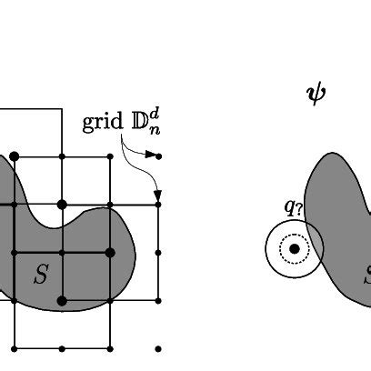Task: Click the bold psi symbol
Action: (316, 93)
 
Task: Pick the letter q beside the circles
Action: (288, 206)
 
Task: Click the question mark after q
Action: (297, 206)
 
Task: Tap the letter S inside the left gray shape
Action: (40, 276)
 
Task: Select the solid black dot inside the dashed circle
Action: (294, 247)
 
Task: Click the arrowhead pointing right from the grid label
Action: (151, 155)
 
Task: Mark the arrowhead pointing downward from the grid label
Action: (158, 195)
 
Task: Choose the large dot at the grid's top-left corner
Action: (14, 157)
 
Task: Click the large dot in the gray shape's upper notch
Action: (62, 205)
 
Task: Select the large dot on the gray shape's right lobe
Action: (110, 253)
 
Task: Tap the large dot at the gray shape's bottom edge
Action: (62, 300)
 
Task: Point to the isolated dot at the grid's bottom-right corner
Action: (158, 348)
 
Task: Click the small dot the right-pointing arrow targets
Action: (158, 156)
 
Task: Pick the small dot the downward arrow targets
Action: (158, 205)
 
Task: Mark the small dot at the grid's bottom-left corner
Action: (14, 348)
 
